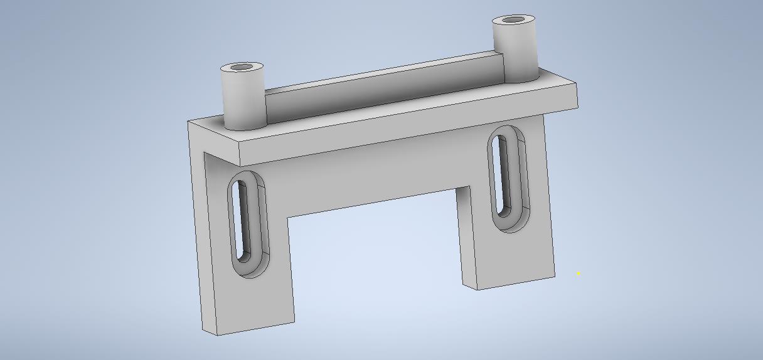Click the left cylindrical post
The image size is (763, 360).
pyautogui.click(x=242, y=100)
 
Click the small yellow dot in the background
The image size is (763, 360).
pyautogui.click(x=579, y=273)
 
